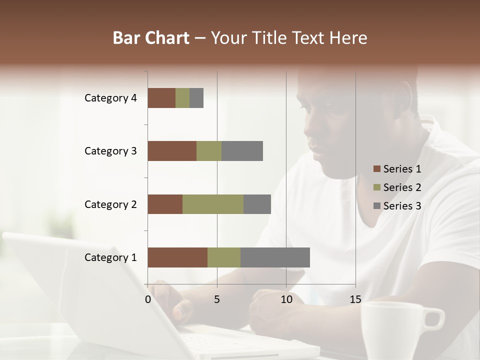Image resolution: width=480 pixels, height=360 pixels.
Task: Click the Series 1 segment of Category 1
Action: (177, 257)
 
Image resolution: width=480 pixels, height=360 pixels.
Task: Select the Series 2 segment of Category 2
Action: (213, 204)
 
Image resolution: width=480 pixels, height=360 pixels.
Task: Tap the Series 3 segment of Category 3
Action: (242, 151)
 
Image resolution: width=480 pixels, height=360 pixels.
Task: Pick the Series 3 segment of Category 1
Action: (275, 257)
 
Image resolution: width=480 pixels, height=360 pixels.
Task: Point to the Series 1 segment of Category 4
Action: (161, 98)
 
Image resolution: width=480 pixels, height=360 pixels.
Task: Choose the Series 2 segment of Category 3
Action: (209, 151)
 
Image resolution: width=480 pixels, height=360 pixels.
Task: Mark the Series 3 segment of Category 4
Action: (196, 98)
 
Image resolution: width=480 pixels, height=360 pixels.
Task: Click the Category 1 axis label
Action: (110, 257)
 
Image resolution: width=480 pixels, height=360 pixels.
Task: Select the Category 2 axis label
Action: (110, 204)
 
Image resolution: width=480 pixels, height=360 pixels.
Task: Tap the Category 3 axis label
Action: (110, 151)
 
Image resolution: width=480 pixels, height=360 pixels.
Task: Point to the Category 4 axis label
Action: (110, 98)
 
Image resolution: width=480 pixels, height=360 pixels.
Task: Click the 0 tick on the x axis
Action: (148, 299)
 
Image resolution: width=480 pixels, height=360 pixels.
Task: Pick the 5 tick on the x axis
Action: (217, 299)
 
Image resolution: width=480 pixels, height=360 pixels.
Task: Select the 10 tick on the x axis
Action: (286, 299)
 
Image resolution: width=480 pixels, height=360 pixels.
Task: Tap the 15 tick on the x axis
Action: (355, 299)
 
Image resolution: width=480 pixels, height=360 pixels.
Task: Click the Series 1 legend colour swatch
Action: (376, 169)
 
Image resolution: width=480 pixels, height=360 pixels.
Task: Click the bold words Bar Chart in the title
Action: (150, 38)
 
